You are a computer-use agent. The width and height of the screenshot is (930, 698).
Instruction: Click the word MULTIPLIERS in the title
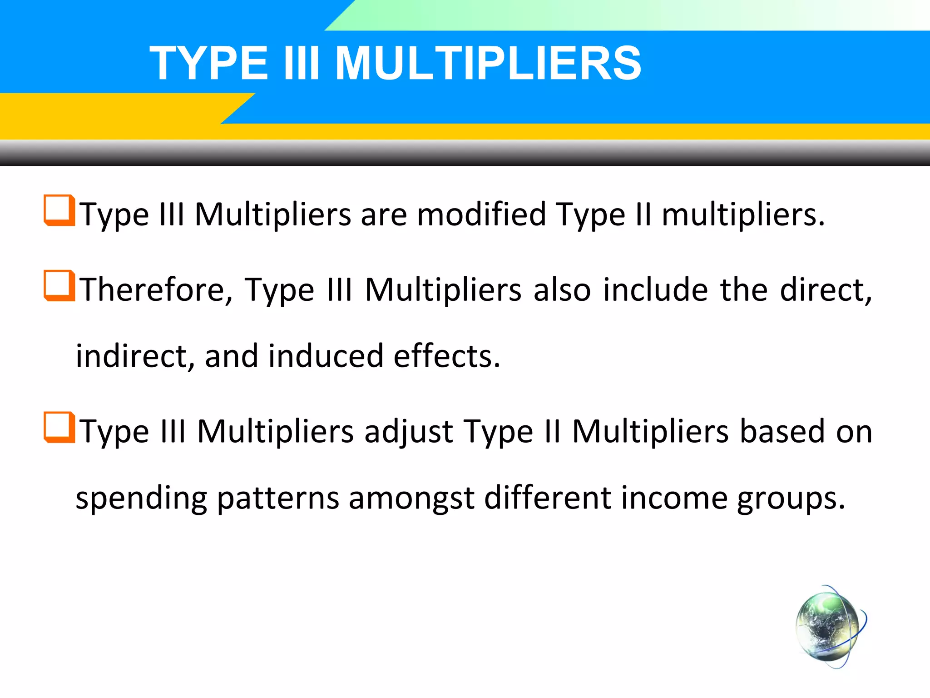point(488,64)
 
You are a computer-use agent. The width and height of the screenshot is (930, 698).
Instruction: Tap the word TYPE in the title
point(209,64)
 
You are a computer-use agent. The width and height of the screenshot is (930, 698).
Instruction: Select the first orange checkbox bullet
point(59,210)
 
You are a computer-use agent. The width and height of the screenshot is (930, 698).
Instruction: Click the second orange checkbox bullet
point(59,285)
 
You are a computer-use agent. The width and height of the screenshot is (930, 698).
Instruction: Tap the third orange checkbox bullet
point(59,427)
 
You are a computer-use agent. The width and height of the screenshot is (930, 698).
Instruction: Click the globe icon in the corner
point(830,627)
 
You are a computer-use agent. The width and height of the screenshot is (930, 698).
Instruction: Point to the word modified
point(481,214)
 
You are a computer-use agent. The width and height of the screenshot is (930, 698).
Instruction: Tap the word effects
point(446,356)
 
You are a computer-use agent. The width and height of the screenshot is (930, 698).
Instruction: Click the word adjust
point(408,432)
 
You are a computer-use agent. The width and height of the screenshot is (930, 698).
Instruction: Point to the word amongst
point(411,499)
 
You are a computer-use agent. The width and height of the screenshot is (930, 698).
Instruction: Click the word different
point(548,498)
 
